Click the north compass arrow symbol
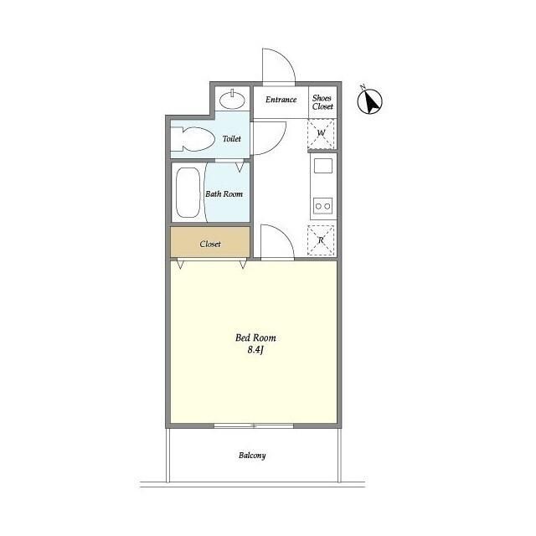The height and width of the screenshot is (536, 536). click(369, 101)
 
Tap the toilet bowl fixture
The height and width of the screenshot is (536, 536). click(193, 139)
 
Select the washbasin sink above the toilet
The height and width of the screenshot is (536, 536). click(232, 100)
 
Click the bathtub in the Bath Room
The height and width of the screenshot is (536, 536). click(188, 193)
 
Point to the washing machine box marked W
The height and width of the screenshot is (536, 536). click(321, 133)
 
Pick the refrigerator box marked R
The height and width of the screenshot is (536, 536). click(321, 240)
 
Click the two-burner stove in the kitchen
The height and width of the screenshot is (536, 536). click(323, 206)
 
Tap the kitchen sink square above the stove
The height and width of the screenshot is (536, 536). click(323, 166)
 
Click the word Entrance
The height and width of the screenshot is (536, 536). click(281, 100)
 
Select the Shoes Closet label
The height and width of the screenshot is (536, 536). click(322, 102)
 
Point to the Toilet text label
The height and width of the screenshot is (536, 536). click(231, 138)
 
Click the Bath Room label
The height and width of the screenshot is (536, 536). click(224, 193)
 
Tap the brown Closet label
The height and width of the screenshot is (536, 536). click(210, 244)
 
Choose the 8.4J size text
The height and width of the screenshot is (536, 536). click(255, 350)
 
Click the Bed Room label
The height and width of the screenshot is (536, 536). click(255, 338)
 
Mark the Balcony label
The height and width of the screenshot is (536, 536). click(252, 456)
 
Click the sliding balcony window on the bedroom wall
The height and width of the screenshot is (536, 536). click(254, 426)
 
